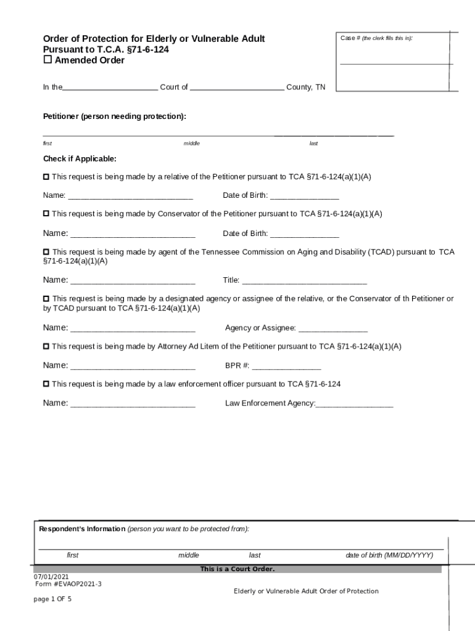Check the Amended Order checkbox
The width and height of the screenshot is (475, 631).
(47, 60)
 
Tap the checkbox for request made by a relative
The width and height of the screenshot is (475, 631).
(46, 177)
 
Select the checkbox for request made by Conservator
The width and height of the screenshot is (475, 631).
(46, 214)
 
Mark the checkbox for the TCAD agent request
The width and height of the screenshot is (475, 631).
(46, 252)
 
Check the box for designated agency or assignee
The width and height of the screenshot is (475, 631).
(46, 299)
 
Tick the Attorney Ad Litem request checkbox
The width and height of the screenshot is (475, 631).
(46, 346)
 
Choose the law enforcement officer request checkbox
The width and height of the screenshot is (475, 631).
(46, 384)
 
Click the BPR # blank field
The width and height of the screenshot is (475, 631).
(286, 366)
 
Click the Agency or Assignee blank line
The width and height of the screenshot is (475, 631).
(332, 328)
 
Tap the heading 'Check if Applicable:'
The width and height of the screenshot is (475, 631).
(80, 159)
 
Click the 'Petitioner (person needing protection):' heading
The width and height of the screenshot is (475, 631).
(114, 116)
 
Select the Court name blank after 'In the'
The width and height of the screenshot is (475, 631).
(110, 88)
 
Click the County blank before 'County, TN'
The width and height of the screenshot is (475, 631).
(237, 88)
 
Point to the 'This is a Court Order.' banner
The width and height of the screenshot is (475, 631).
(237, 569)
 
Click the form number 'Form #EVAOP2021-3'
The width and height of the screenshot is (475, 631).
(68, 584)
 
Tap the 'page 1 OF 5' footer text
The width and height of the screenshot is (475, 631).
(52, 598)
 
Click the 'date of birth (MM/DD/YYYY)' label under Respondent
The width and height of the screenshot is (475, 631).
(389, 555)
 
